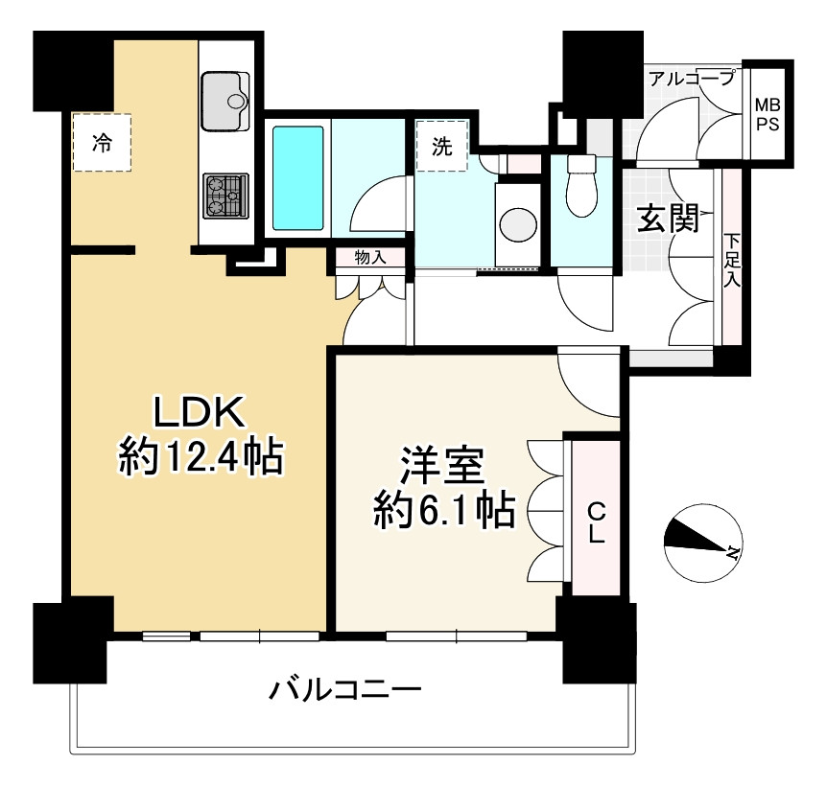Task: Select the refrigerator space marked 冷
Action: (x=101, y=143)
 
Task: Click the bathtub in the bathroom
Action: (x=298, y=176)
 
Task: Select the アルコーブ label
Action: (x=691, y=79)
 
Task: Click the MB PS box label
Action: (x=767, y=114)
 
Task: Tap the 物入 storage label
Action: (x=369, y=256)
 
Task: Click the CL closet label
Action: (x=596, y=521)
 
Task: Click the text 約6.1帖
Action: (x=443, y=511)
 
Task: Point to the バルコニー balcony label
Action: (x=345, y=688)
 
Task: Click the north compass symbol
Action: (x=702, y=543)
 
